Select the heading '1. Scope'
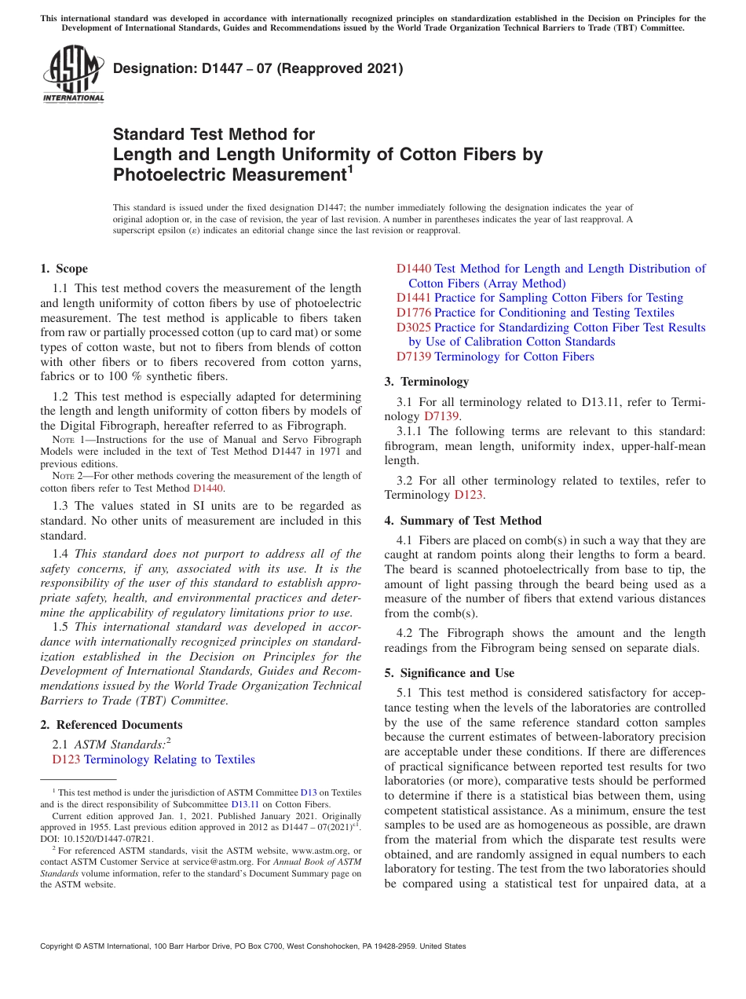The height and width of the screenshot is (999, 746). click(64, 269)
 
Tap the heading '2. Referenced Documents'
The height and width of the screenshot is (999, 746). click(112, 725)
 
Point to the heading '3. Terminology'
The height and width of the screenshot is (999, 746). click(426, 382)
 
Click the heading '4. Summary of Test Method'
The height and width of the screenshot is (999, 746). click(463, 521)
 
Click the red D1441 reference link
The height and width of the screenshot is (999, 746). click(413, 298)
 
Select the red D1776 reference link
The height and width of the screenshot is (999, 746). click(413, 313)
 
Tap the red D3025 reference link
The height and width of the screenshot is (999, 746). click(413, 328)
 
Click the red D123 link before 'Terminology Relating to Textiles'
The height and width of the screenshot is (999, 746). click(66, 759)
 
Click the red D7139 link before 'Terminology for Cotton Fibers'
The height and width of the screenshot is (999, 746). click(413, 357)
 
